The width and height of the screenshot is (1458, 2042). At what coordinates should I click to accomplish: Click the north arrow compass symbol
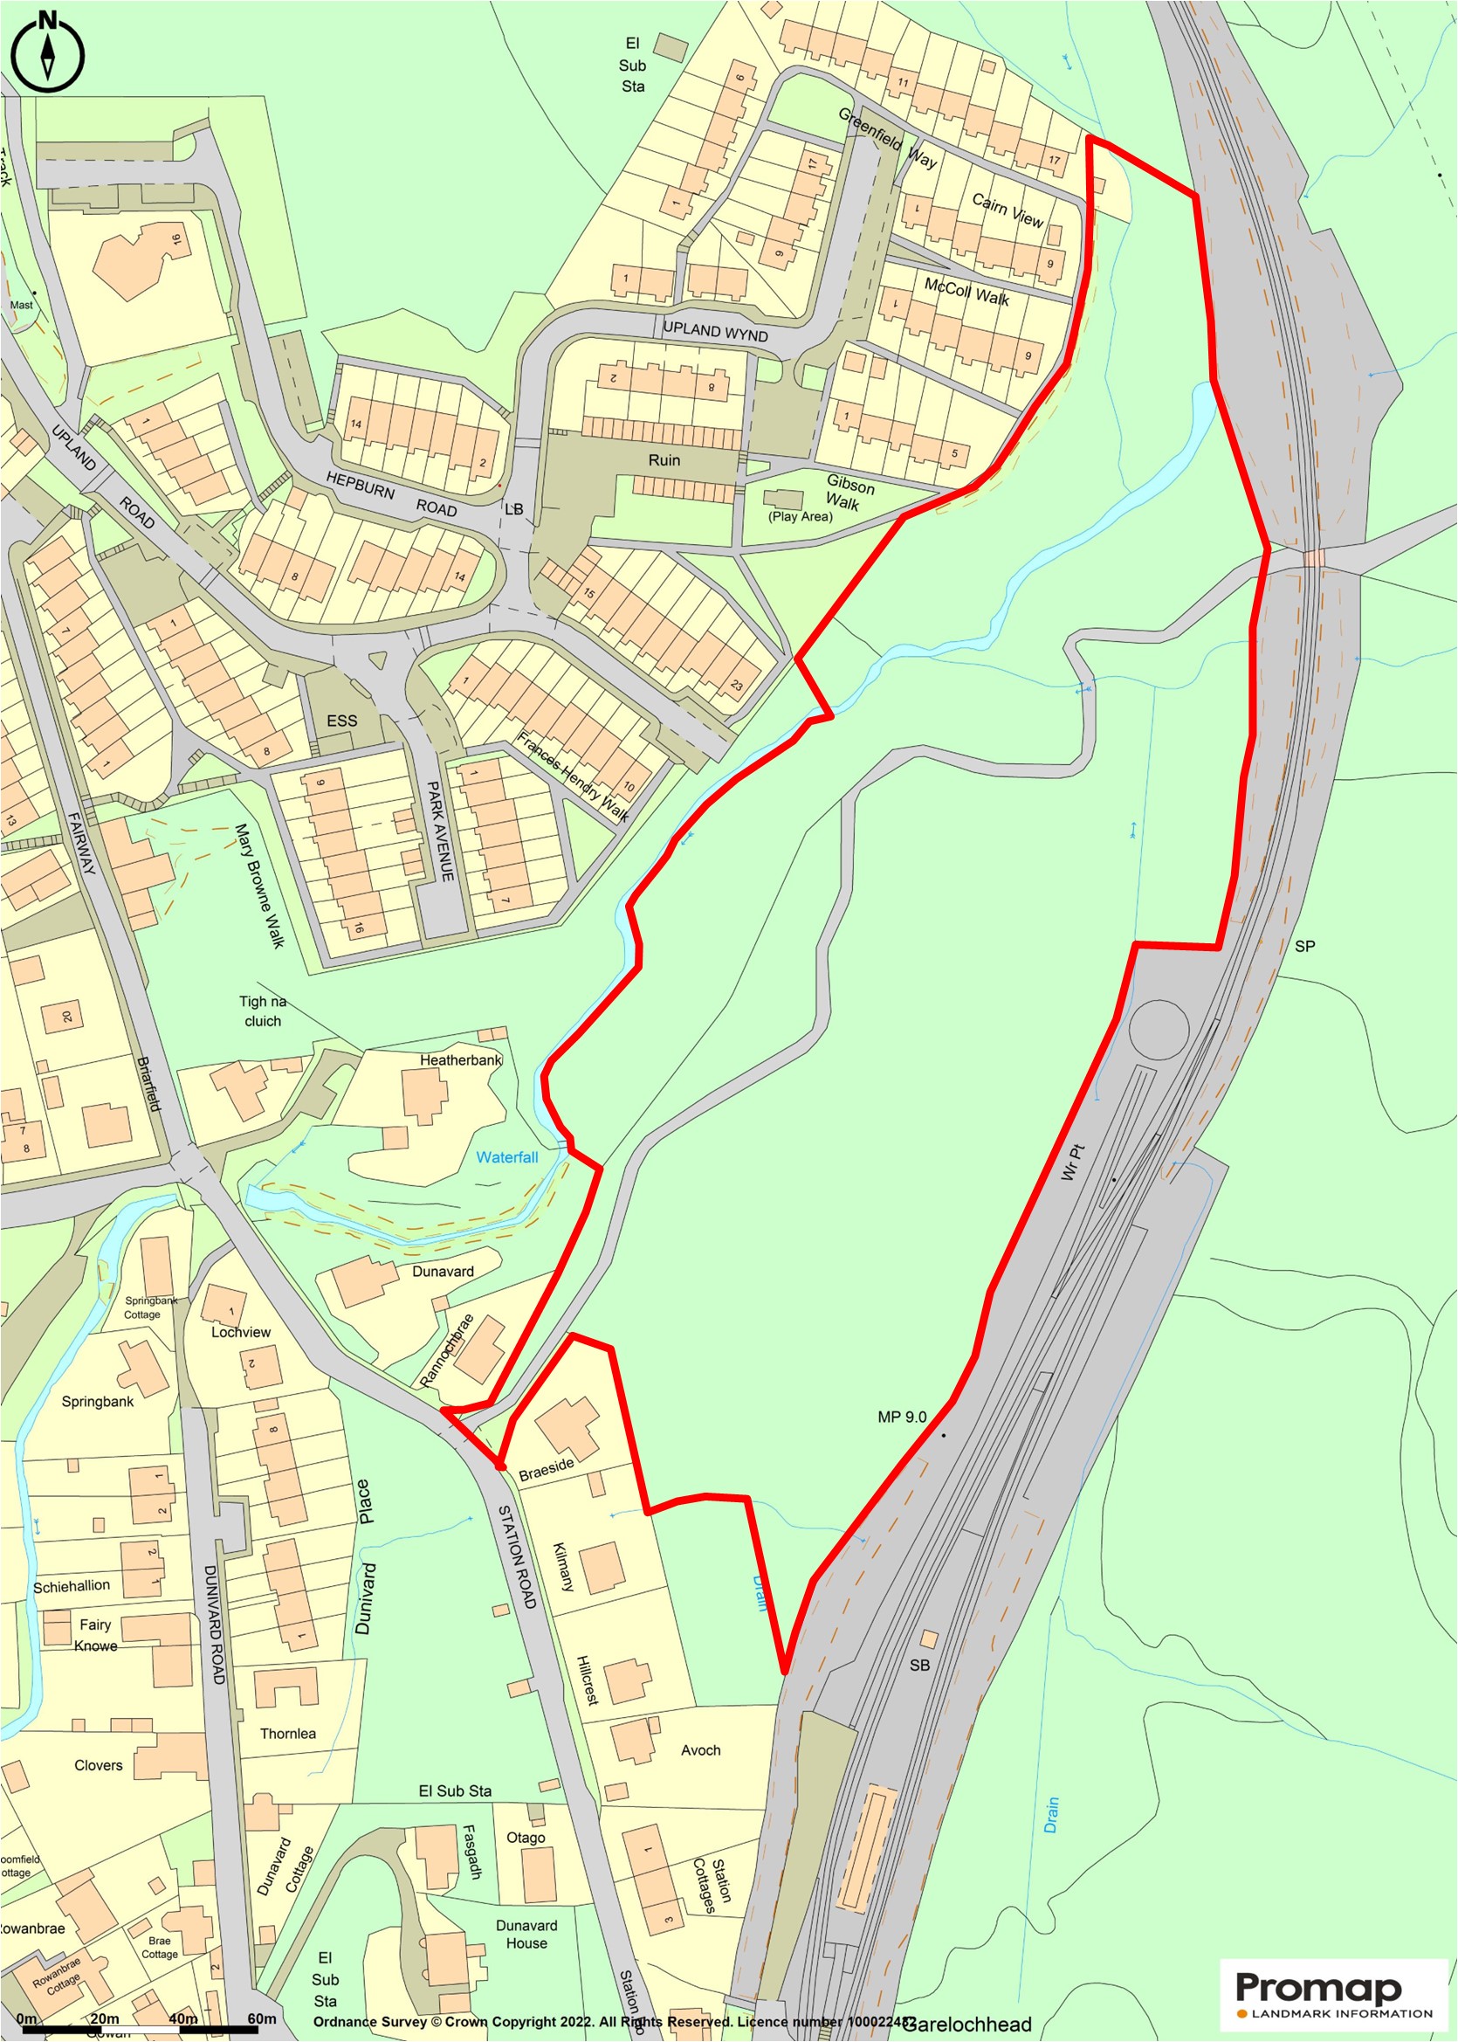[48, 53]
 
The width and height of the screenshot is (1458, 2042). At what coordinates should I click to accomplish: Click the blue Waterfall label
[506, 1157]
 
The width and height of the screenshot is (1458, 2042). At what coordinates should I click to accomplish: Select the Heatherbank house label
[461, 1059]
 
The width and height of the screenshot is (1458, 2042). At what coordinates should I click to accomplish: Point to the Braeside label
[546, 1469]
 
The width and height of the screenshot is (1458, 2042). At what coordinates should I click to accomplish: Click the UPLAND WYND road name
[715, 331]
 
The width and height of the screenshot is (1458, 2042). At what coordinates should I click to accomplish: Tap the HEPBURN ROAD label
[390, 493]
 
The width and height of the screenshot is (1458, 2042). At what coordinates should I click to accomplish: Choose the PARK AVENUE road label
[439, 831]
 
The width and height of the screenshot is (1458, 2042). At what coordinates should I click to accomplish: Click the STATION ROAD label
[517, 1557]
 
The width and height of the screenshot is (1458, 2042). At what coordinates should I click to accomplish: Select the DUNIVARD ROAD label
[215, 1625]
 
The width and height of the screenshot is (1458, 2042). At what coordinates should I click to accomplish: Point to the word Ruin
[664, 459]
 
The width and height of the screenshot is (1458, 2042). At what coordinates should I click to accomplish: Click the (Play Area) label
[800, 516]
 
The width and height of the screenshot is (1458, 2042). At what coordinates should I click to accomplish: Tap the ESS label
[341, 721]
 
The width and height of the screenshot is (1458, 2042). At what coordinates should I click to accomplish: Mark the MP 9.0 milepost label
[901, 1417]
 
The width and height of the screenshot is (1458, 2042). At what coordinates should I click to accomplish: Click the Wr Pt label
[1072, 1162]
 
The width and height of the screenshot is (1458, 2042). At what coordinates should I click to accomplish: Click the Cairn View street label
[1008, 210]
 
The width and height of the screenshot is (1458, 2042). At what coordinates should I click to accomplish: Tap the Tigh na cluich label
[262, 1011]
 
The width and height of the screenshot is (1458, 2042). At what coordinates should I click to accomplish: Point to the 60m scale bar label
[261, 2018]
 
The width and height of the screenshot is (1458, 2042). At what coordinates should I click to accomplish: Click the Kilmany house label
[562, 1567]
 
